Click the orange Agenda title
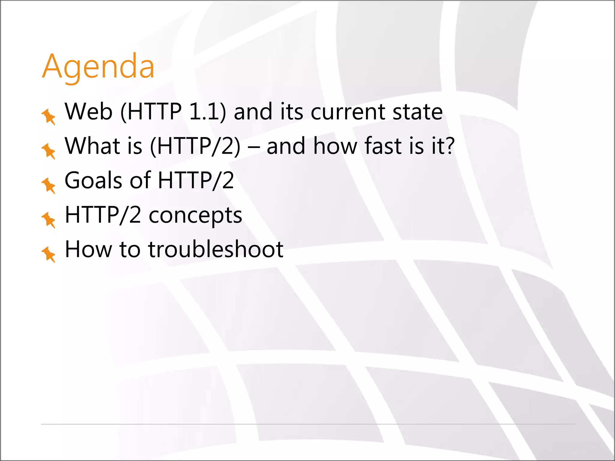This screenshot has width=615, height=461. [98, 67]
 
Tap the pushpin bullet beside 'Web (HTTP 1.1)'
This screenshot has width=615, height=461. [49, 116]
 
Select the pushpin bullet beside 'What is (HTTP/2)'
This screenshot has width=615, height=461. [49, 151]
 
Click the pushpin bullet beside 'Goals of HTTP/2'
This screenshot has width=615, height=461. [49, 185]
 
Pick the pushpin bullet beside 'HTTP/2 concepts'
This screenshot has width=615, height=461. [49, 220]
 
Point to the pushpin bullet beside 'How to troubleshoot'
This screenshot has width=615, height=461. [49, 254]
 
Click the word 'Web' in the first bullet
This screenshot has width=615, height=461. [89, 112]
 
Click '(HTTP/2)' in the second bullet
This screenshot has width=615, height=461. [195, 146]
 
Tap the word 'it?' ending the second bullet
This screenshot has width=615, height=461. [443, 146]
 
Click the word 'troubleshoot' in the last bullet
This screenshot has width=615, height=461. [216, 249]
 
